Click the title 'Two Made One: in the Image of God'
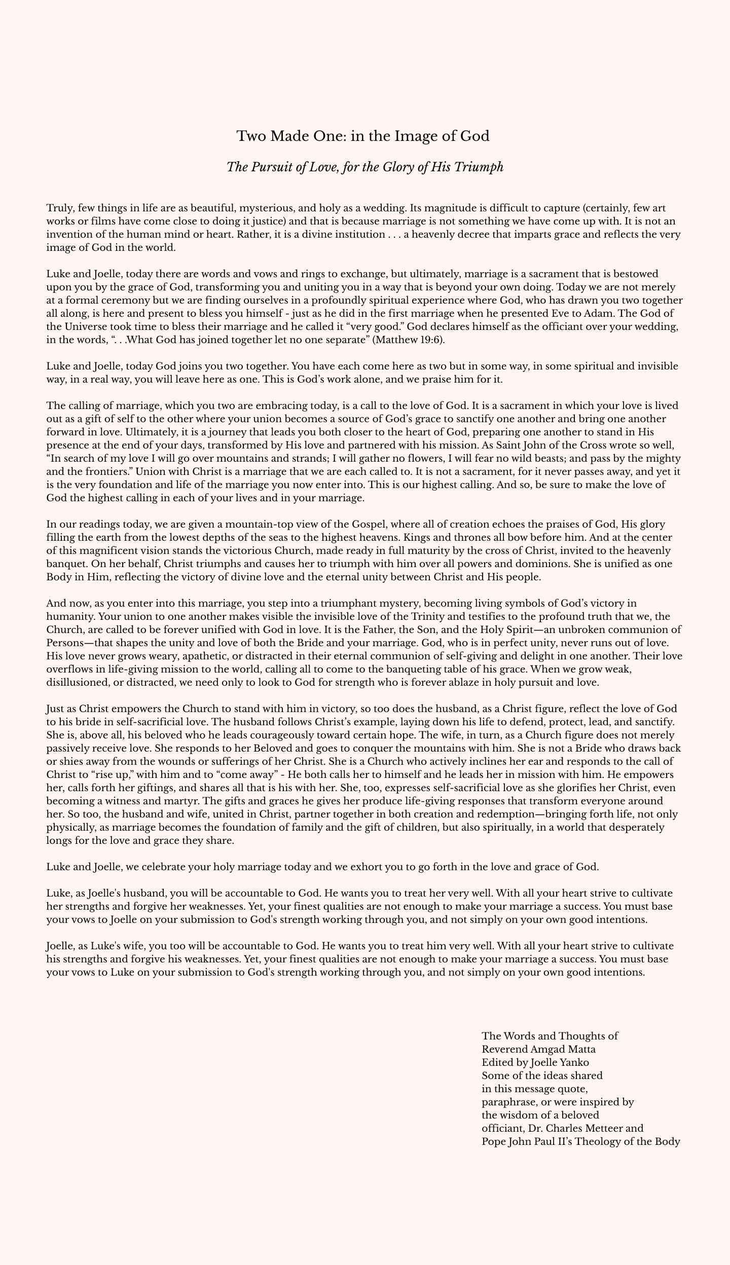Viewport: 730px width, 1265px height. [363, 136]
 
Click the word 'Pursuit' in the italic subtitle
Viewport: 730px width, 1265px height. [274, 167]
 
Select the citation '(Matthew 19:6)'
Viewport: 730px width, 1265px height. [408, 340]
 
